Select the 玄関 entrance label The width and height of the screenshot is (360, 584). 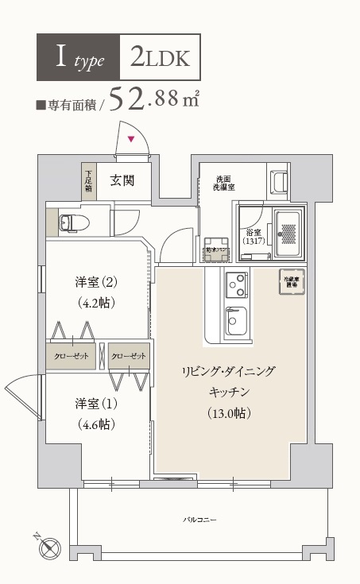pyautogui.click(x=122, y=180)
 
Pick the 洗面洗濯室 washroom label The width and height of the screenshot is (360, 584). pyautogui.click(x=223, y=184)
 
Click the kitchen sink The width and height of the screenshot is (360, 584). pyautogui.click(x=237, y=321)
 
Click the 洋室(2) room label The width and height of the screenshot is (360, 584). pyautogui.click(x=97, y=282)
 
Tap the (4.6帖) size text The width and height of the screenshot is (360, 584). pyautogui.click(x=97, y=423)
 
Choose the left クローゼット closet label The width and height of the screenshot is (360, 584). pyautogui.click(x=72, y=354)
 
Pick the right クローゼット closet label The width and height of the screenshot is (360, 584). pyautogui.click(x=128, y=354)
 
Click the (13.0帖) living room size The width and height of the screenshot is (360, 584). pyautogui.click(x=229, y=412)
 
